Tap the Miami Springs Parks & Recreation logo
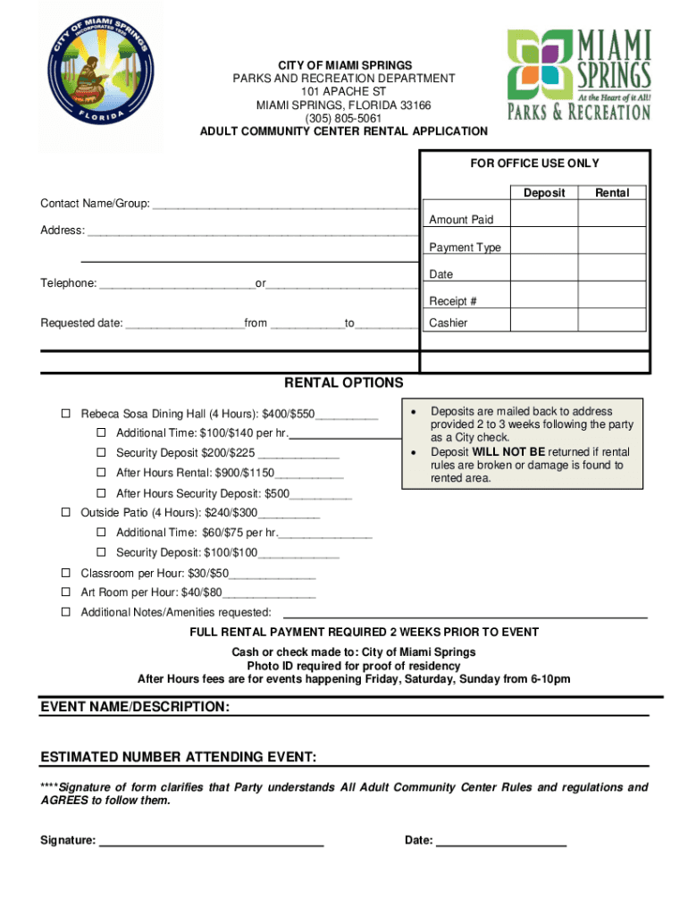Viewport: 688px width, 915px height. pos(578,74)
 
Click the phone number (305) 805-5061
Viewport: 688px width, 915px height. pos(344,118)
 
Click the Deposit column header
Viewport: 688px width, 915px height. pos(544,193)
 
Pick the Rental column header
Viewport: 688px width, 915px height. pos(612,193)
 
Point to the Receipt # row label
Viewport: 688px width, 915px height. pos(453,301)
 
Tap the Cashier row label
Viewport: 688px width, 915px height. pos(449,323)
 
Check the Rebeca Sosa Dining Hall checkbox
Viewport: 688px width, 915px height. pos(66,415)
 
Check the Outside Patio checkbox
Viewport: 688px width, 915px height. pos(66,513)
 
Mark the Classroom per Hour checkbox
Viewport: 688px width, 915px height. pos(66,573)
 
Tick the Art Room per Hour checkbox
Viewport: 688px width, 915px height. pos(66,592)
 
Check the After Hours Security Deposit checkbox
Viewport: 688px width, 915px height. pos(102,493)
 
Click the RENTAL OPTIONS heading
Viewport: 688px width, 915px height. pos(344,383)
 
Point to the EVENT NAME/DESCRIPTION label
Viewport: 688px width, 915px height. pos(135,708)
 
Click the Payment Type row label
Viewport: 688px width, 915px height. pos(465,248)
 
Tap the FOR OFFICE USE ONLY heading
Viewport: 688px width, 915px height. pos(534,164)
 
